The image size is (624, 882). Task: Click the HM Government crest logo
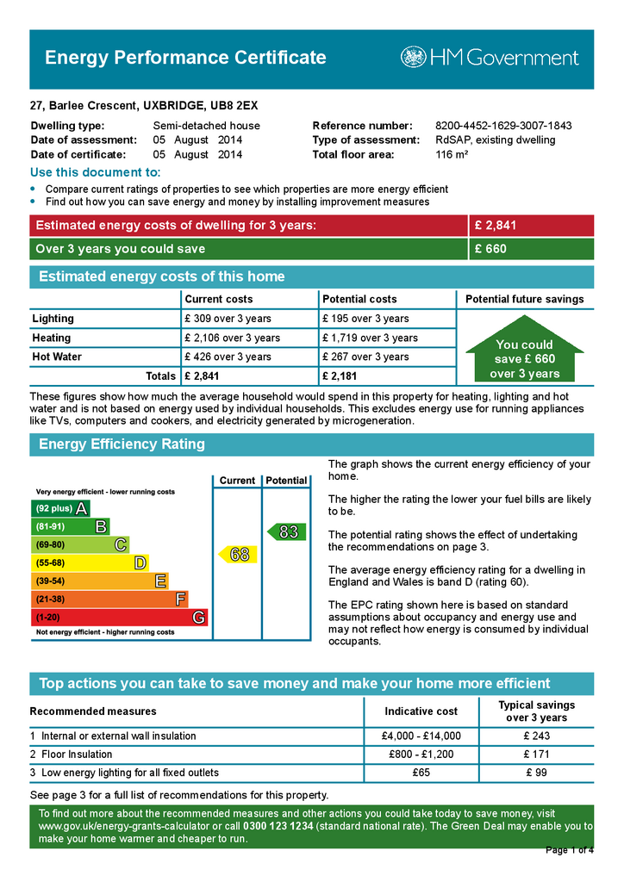(x=413, y=58)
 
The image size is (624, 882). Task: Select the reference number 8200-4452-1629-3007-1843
(x=503, y=126)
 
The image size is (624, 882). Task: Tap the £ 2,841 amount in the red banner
(x=496, y=226)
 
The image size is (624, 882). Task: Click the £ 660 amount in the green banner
(x=490, y=249)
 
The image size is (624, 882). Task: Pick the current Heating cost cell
(x=232, y=338)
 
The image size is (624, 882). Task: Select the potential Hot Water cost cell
(x=365, y=357)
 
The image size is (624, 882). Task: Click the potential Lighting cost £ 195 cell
(x=365, y=319)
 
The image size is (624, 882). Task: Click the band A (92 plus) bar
(x=60, y=508)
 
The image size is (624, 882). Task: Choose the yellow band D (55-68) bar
(x=90, y=562)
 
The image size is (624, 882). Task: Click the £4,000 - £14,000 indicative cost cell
(x=421, y=736)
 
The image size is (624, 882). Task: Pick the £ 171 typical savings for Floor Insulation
(x=537, y=755)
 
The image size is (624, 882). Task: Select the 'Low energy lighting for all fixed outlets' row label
(x=129, y=773)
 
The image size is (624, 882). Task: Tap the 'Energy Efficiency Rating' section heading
(x=122, y=444)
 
